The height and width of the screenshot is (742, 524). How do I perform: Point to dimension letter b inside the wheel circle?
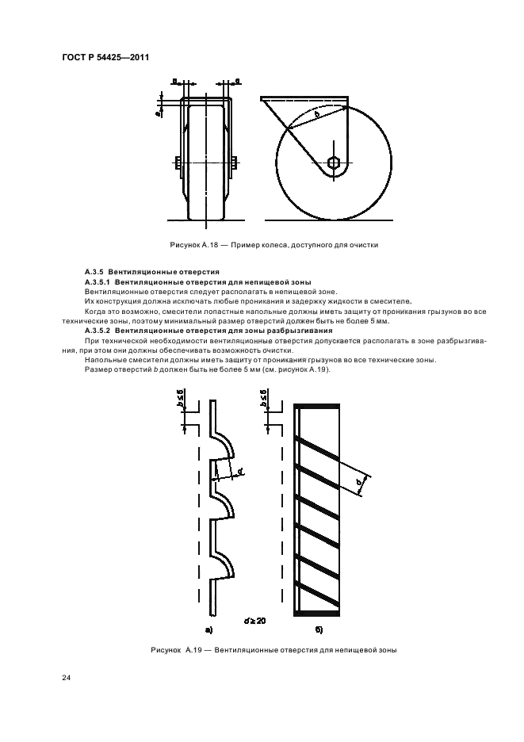click(x=317, y=115)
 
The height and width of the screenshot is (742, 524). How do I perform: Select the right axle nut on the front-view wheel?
click(x=235, y=164)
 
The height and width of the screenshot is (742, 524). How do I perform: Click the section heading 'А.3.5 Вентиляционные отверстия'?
click(x=141, y=273)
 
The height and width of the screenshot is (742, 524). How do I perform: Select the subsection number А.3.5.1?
click(x=98, y=282)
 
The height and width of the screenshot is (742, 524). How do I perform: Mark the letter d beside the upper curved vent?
click(x=240, y=473)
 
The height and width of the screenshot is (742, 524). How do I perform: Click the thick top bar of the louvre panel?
click(x=317, y=407)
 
